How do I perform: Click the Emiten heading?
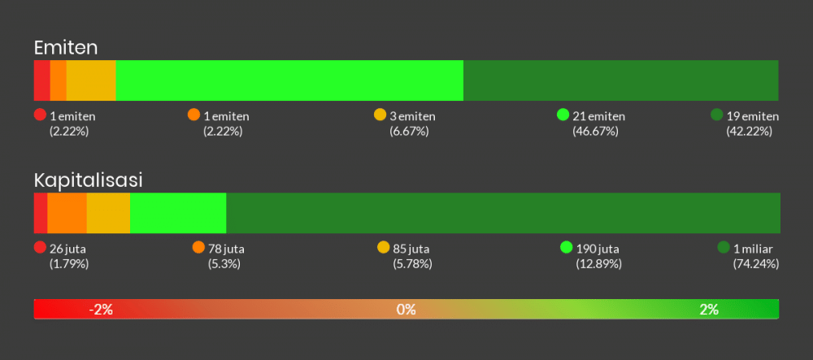pos(66,48)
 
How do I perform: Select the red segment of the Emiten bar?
pos(41,80)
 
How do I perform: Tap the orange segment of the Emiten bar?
pos(58,80)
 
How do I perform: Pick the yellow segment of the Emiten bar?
pos(91,80)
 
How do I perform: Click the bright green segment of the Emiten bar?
pos(289,80)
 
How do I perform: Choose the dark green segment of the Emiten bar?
pos(620,80)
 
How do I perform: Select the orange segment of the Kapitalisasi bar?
pos(67,213)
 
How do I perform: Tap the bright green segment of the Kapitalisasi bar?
pos(178,213)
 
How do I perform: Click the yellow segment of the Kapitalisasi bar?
pos(108,213)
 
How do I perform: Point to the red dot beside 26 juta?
pos(40,248)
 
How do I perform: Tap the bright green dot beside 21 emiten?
pos(563,115)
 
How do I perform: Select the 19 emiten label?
pos(753,116)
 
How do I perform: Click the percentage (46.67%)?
pos(595,131)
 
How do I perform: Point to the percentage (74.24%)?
pos(755,263)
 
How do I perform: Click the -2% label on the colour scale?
pos(101,309)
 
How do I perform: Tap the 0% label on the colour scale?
pos(406,309)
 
